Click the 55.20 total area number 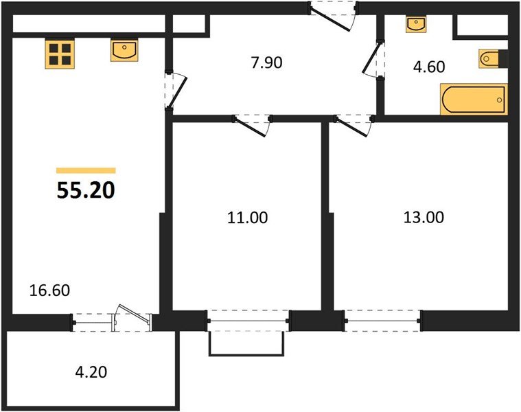pyautogui.click(x=86, y=190)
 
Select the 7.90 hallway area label pyautogui.click(x=266, y=63)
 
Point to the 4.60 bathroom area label pyautogui.click(x=428, y=67)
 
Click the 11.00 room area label pyautogui.click(x=247, y=218)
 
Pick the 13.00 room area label pyautogui.click(x=424, y=218)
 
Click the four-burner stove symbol pyautogui.click(x=60, y=53)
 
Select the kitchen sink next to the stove pyautogui.click(x=124, y=51)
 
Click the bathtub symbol pyautogui.click(x=474, y=99)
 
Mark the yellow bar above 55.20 pyautogui.click(x=86, y=170)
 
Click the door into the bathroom pyautogui.click(x=376, y=60)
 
